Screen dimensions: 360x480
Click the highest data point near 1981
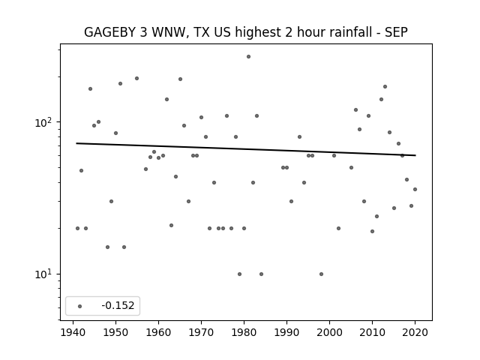tap(248, 56)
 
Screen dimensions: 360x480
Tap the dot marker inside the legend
tap(79, 306)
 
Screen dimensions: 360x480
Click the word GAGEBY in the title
tap(110, 32)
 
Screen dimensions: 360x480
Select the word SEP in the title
tap(395, 32)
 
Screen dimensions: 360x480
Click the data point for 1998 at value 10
tap(321, 274)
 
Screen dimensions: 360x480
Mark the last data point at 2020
tap(415, 189)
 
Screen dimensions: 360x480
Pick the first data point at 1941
tap(77, 228)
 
